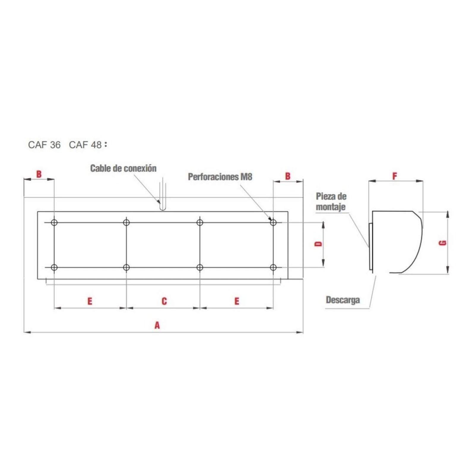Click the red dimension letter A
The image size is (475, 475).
(x=157, y=325)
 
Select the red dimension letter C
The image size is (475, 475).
(x=164, y=301)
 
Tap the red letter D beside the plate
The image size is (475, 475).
(x=318, y=244)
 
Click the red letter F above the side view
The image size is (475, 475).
(x=395, y=176)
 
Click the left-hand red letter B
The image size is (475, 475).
(x=39, y=174)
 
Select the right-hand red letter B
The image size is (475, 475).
(x=288, y=176)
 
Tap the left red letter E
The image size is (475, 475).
(x=90, y=301)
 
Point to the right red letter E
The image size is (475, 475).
(x=237, y=301)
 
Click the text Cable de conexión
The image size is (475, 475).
(x=123, y=168)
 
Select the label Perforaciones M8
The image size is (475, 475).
(x=220, y=177)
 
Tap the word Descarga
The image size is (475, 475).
(x=343, y=300)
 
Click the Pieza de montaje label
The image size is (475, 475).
(x=331, y=202)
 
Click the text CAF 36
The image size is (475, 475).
(x=44, y=145)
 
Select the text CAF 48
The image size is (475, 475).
(x=85, y=145)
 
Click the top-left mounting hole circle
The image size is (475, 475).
(x=54, y=222)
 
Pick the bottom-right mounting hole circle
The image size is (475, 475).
(x=273, y=267)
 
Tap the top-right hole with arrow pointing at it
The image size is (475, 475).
(x=273, y=222)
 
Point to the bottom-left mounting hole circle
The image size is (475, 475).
(x=54, y=267)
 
